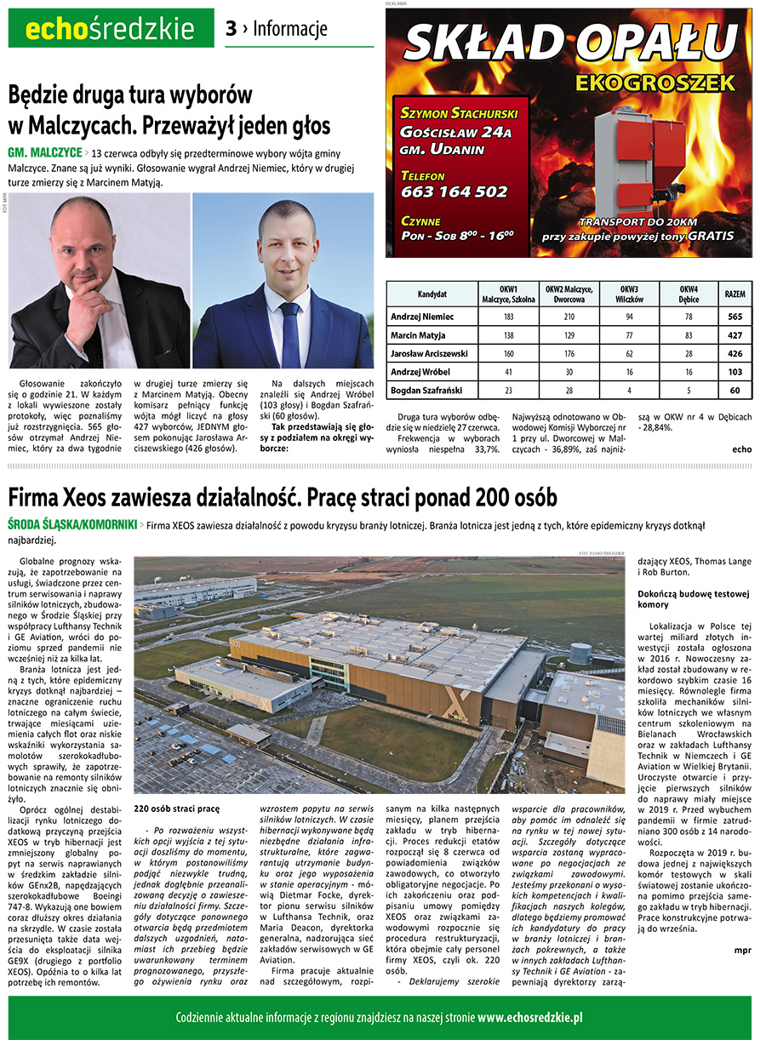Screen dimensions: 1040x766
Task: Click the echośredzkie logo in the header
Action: [x=111, y=29]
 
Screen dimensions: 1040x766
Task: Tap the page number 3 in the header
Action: [x=231, y=29]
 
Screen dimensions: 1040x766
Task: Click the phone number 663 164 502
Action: [x=454, y=191]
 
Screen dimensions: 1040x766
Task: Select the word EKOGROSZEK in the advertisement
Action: [x=654, y=83]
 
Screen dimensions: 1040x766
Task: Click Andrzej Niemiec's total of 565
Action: [x=735, y=317]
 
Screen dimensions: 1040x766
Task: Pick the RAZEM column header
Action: [x=735, y=294]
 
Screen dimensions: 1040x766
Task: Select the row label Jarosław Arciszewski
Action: [x=429, y=353]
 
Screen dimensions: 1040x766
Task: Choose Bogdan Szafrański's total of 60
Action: [x=735, y=391]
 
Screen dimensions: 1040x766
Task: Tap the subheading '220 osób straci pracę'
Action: [x=177, y=809]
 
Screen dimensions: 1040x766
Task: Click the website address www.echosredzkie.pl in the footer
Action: [x=529, y=1017]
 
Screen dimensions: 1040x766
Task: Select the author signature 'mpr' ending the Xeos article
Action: [x=742, y=950]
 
